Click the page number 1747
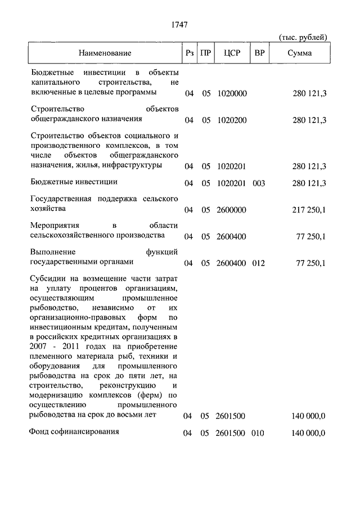(x=179, y=25)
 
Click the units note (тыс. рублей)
(x=303, y=38)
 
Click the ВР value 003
(x=259, y=183)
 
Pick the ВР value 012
(x=259, y=263)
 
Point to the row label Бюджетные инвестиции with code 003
(x=73, y=182)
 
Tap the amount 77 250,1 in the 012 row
(x=310, y=263)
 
